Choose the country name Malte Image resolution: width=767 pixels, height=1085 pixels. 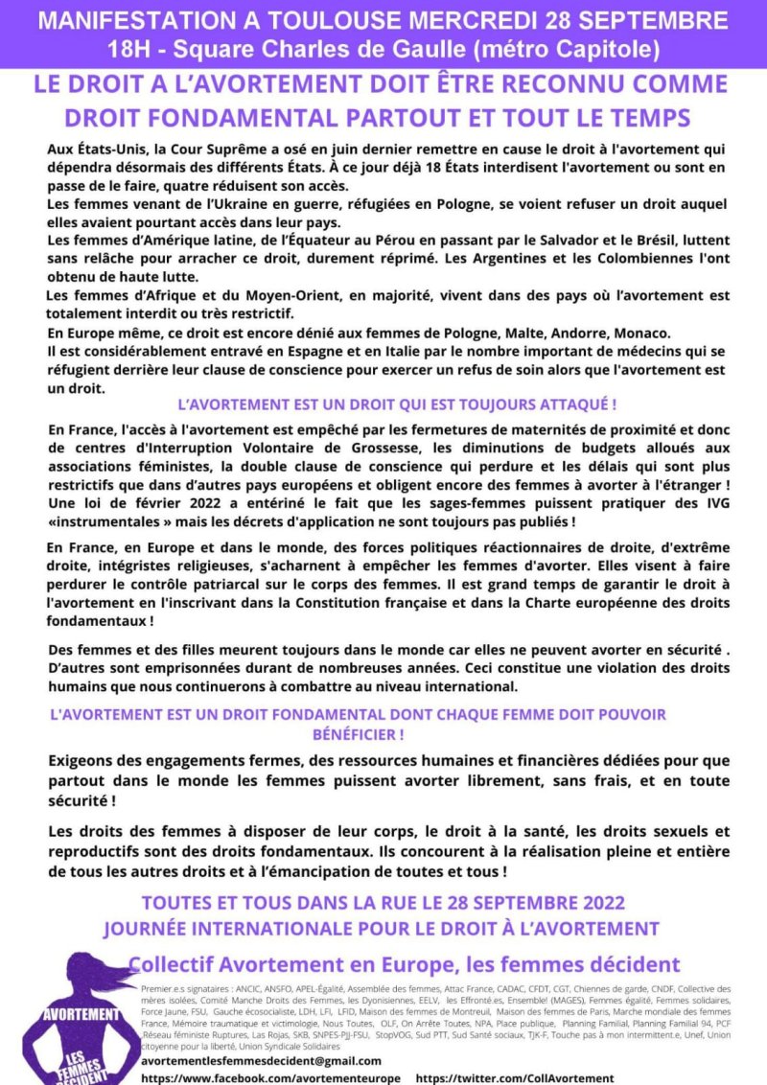click(x=520, y=333)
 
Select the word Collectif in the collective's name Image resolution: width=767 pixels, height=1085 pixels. click(x=177, y=963)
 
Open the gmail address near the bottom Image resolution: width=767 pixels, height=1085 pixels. click(x=261, y=1061)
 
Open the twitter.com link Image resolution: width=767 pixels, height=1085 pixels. click(x=515, y=1078)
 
